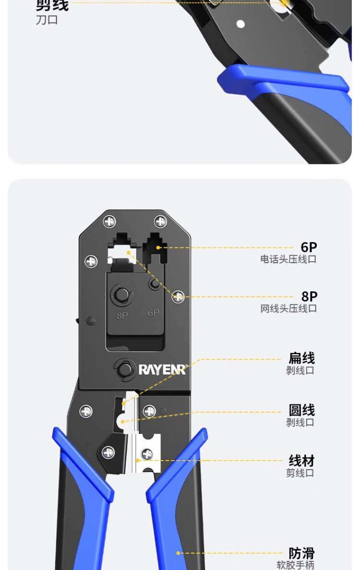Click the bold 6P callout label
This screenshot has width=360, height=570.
[x=309, y=247]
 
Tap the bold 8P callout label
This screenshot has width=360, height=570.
[x=309, y=297]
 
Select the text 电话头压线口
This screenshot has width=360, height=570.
[x=288, y=260]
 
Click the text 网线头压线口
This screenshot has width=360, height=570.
[x=288, y=309]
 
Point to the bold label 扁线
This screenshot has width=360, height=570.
[x=301, y=358]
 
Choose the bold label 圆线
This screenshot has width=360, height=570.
[x=301, y=410]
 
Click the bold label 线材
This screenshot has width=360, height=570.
[x=301, y=461]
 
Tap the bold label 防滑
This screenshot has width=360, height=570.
[x=301, y=553]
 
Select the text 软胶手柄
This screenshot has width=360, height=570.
[x=295, y=566]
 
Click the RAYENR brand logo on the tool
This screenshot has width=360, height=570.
[x=162, y=369]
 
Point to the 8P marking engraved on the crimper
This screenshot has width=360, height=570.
[x=122, y=316]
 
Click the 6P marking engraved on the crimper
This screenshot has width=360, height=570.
[x=153, y=313]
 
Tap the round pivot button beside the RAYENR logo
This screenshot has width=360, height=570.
[x=124, y=369]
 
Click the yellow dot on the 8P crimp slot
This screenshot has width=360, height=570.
[x=129, y=252]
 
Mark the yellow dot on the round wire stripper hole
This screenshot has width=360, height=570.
[x=122, y=422]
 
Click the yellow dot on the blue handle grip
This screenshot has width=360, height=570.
[x=179, y=553]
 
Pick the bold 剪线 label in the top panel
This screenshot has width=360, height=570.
[x=52, y=6]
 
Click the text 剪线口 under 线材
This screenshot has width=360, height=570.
[x=300, y=473]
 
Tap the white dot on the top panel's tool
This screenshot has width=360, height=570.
[x=241, y=24]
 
